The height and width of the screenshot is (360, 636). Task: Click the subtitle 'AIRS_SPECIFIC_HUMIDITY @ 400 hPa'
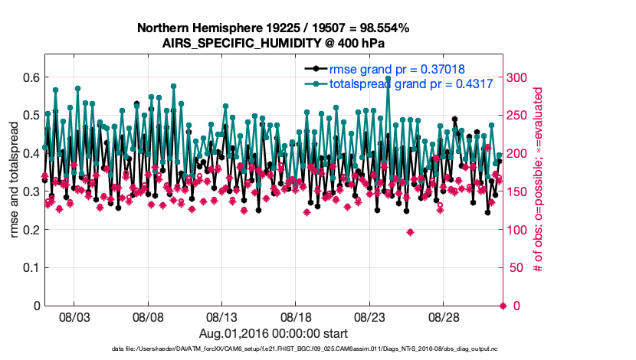click(273, 43)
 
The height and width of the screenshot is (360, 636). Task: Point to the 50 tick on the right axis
click(515, 267)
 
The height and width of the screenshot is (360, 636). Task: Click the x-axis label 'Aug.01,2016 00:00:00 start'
click(274, 333)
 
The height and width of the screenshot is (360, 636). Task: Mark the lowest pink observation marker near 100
click(410, 232)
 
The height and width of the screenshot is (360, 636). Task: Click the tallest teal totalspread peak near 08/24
click(388, 79)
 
